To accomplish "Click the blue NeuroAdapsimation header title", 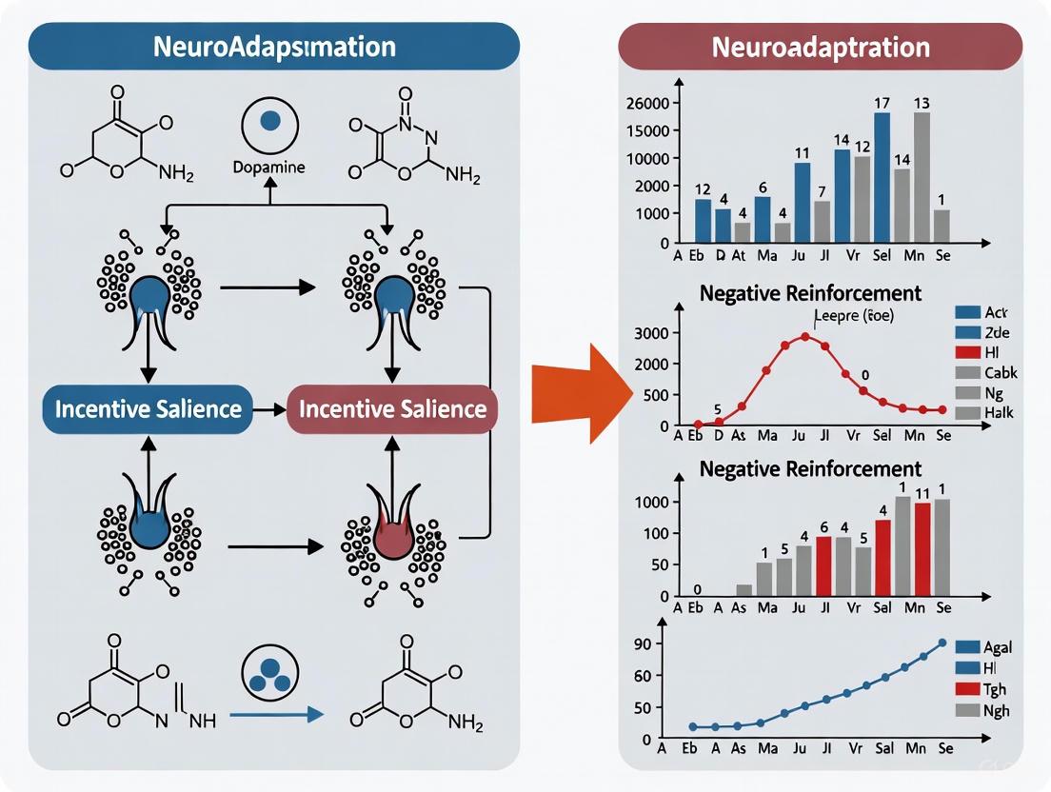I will (x=275, y=46).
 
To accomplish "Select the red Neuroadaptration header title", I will (x=821, y=47).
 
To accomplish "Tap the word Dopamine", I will (x=268, y=167).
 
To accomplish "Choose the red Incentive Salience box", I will (x=392, y=409).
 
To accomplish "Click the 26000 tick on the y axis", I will (x=645, y=103).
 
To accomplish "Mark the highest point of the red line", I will (x=805, y=336).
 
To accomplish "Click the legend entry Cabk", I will (x=1000, y=372).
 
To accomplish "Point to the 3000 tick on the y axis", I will (x=650, y=333).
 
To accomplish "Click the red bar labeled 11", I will (x=922, y=548).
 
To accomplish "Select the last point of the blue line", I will (x=942, y=643).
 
